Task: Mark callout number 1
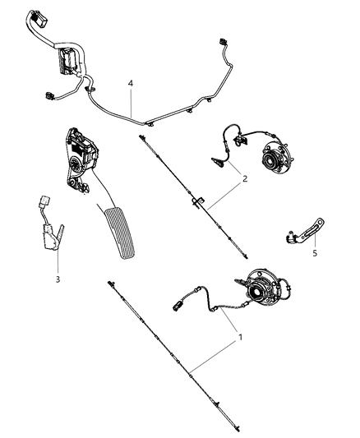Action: [x=241, y=336]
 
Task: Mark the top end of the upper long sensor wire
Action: [x=141, y=136]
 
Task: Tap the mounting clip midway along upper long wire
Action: [x=198, y=201]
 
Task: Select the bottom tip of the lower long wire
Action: [x=235, y=425]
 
